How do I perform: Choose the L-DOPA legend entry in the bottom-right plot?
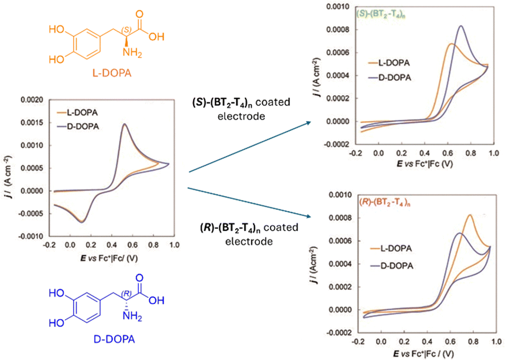click(x=402, y=249)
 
